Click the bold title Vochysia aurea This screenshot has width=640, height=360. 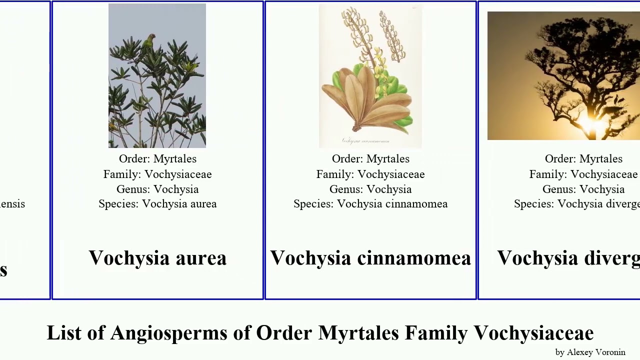[x=157, y=258]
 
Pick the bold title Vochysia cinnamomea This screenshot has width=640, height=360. [x=370, y=258]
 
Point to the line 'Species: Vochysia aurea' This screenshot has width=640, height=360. [x=157, y=204]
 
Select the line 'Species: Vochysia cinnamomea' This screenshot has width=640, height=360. [x=370, y=204]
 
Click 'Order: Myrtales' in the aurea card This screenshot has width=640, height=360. [x=157, y=159]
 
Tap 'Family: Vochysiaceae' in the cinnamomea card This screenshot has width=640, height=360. [x=370, y=174]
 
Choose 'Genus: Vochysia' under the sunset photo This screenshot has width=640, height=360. [x=583, y=189]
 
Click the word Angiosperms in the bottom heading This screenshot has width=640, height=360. [x=168, y=333]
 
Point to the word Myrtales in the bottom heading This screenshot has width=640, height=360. [x=358, y=333]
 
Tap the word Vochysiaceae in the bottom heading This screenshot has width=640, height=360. [x=533, y=333]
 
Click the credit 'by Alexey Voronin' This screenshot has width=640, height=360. [x=590, y=352]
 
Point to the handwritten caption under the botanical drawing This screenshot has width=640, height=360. [x=365, y=141]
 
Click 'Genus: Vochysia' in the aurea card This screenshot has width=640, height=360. [x=157, y=189]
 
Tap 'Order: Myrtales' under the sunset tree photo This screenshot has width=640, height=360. [x=583, y=159]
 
